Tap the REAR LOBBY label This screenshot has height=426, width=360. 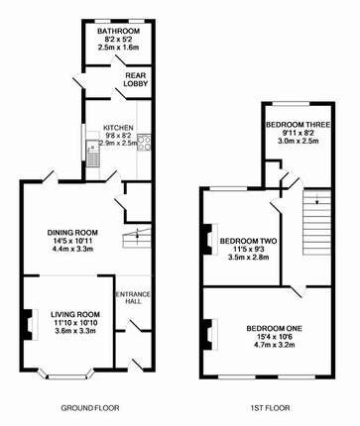(x=136, y=78)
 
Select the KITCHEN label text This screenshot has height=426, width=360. (x=117, y=127)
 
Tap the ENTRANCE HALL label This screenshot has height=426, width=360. (x=132, y=299)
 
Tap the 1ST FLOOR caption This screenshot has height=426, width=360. (x=269, y=408)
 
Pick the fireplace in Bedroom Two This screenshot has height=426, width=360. (x=206, y=240)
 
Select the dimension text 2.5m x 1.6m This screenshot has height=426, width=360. (x=110, y=47)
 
